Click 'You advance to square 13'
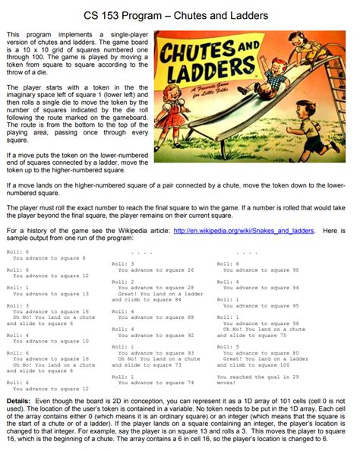[x=50, y=294]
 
